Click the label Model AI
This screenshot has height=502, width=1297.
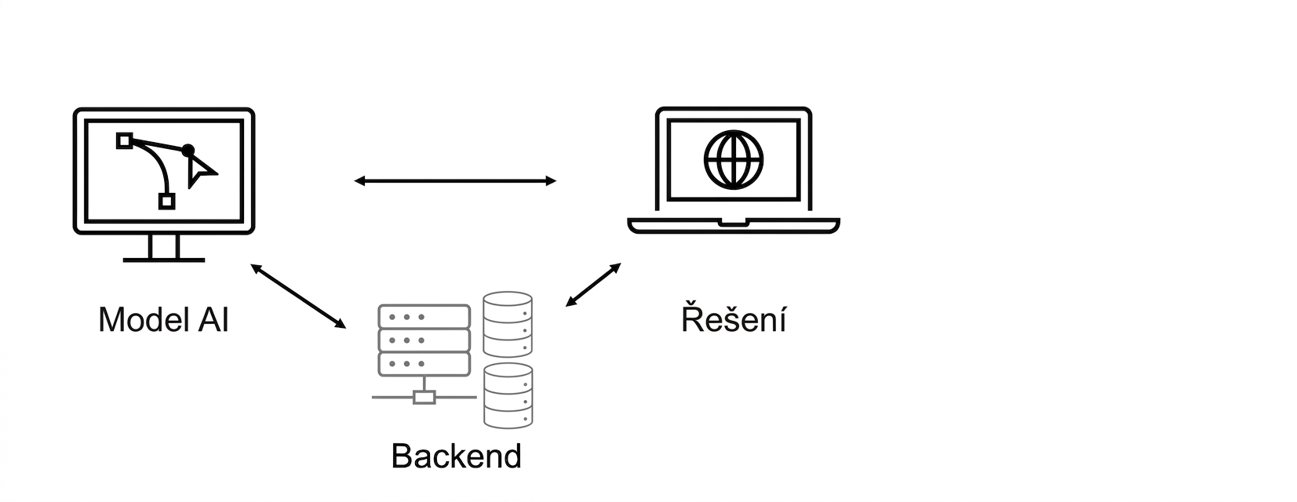pos(164,319)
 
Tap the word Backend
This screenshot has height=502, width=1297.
pos(457,457)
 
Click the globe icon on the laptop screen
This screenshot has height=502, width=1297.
pos(734,160)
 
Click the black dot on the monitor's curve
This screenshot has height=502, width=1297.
pos(188,151)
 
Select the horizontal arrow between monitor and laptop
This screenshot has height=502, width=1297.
pos(455,181)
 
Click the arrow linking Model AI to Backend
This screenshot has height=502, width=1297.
pos(298,296)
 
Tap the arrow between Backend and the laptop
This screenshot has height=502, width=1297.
pos(593,285)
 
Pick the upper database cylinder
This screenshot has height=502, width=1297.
pos(508,324)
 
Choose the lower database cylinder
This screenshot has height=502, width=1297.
pos(508,396)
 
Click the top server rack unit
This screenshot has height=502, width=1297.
pos(424,317)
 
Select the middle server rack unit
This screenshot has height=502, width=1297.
pos(424,340)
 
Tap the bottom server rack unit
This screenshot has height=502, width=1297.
pos(424,364)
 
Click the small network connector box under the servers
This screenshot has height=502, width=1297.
pos(424,397)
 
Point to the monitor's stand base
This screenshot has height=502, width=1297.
pos(164,260)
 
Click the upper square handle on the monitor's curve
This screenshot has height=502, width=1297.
pos(125,140)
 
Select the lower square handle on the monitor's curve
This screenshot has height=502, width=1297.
pos(167,202)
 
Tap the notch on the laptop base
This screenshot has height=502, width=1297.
pos(734,222)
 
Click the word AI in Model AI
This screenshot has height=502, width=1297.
pos(213,319)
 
